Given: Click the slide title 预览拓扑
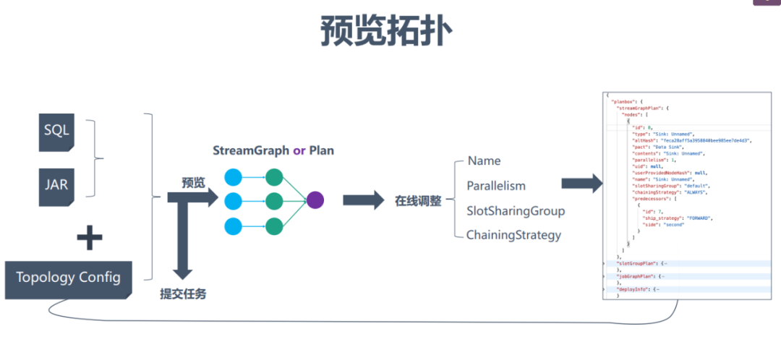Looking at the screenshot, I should [x=387, y=33].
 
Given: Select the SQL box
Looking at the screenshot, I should [x=57, y=130].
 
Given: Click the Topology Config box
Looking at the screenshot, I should [x=69, y=278].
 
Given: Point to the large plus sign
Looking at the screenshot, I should [x=89, y=236].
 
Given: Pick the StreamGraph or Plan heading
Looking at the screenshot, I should [x=273, y=151].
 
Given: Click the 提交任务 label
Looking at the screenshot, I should [x=184, y=294].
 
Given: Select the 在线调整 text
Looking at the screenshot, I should [x=418, y=202].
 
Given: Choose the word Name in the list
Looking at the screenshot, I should [x=485, y=160].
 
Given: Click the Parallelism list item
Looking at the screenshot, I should [x=496, y=186].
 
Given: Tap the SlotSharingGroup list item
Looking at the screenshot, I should [x=516, y=211].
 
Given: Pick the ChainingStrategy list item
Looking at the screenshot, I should [x=513, y=235].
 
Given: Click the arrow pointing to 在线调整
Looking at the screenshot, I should [x=364, y=201].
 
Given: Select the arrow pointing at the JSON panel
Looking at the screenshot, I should [x=581, y=184].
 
